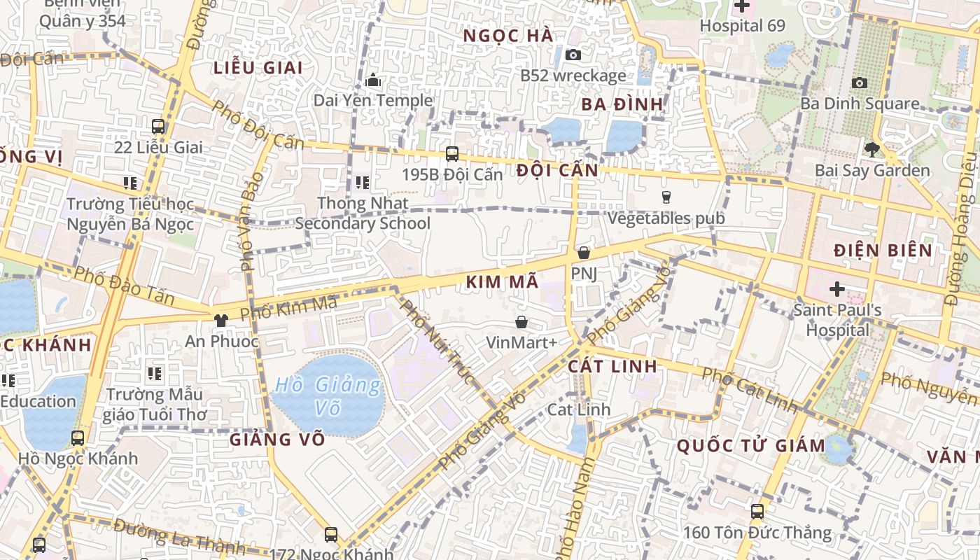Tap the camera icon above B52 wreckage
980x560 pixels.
(x=573, y=55)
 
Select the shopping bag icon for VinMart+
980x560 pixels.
(x=521, y=322)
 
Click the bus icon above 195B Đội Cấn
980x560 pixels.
(x=452, y=153)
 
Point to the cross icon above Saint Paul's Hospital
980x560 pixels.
(x=837, y=288)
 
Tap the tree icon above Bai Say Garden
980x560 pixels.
(x=871, y=149)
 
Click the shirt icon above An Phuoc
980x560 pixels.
(x=221, y=321)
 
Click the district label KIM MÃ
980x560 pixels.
(x=502, y=282)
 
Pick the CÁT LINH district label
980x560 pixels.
(x=612, y=366)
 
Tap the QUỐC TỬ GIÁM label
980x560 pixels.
(x=751, y=445)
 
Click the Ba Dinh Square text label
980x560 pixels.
(x=860, y=104)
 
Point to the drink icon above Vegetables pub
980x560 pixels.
(x=666, y=197)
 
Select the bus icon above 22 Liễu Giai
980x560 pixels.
(x=158, y=127)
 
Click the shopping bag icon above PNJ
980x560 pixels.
(x=584, y=253)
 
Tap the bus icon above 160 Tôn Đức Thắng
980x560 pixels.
(x=757, y=511)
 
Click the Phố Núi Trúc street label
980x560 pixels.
(x=437, y=341)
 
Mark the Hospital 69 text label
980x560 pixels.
(x=742, y=26)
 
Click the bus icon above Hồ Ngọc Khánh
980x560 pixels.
(x=78, y=438)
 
